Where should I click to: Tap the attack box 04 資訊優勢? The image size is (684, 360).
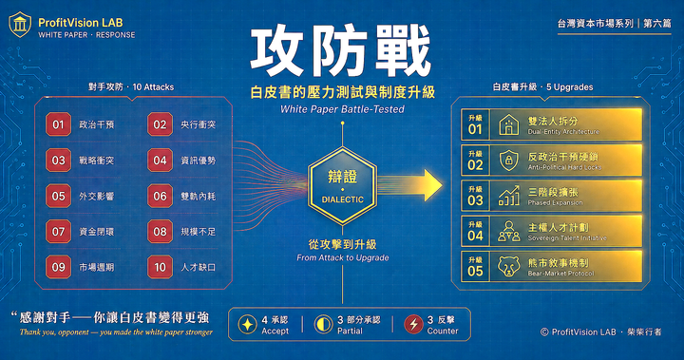[189, 161]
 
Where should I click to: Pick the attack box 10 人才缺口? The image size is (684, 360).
[189, 268]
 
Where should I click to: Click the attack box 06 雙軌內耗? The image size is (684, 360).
[189, 197]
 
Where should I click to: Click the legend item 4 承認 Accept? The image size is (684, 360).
[270, 324]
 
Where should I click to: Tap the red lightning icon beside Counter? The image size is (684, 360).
[413, 324]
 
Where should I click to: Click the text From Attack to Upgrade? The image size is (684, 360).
[342, 257]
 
